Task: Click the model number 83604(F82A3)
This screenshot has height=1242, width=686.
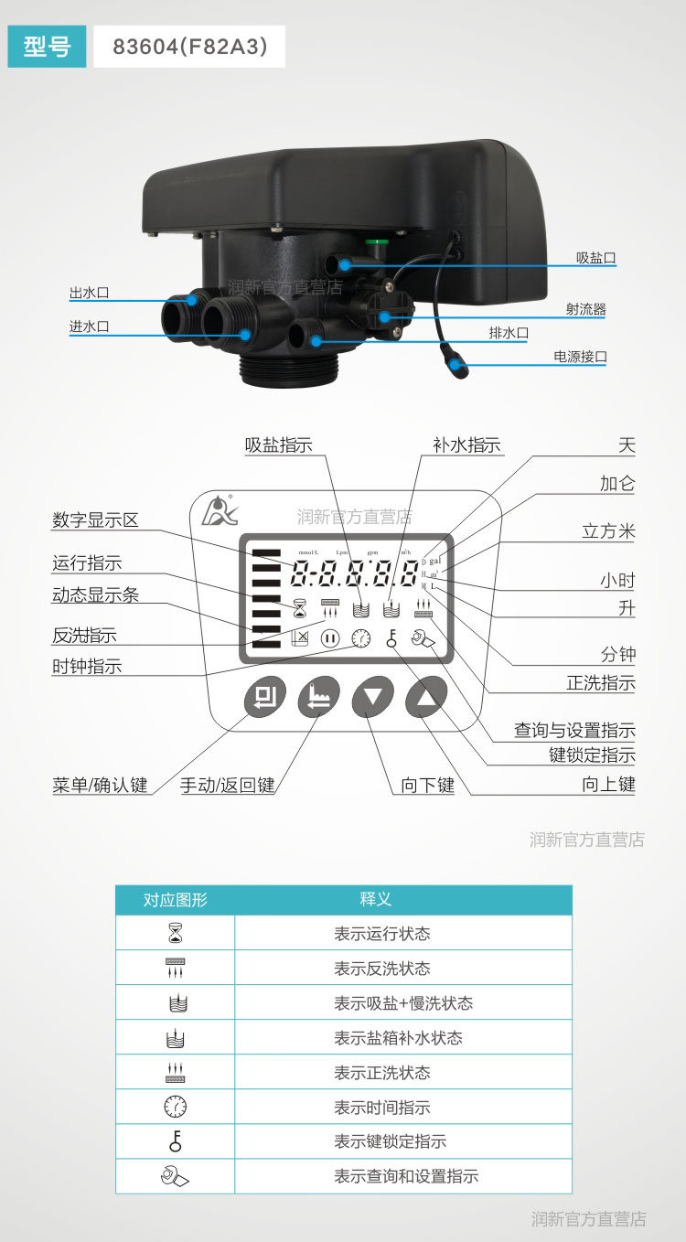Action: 189,47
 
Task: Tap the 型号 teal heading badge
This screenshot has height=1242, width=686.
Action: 47,47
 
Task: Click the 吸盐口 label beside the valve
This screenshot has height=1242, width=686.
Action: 595,258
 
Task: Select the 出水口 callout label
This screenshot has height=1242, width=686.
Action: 89,294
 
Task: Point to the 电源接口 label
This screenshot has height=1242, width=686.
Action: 580,357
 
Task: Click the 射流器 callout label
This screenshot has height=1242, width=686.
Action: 585,309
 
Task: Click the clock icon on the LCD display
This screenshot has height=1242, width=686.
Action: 362,638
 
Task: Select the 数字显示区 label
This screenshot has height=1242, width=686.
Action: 95,520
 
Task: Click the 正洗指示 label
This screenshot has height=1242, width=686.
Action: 600,683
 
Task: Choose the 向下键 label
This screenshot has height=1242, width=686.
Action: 427,785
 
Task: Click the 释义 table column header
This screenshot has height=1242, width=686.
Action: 375,899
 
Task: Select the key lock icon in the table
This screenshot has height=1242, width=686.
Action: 175,1141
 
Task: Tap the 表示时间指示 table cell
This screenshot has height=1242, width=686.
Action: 381,1108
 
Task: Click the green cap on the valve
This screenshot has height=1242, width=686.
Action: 373,244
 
